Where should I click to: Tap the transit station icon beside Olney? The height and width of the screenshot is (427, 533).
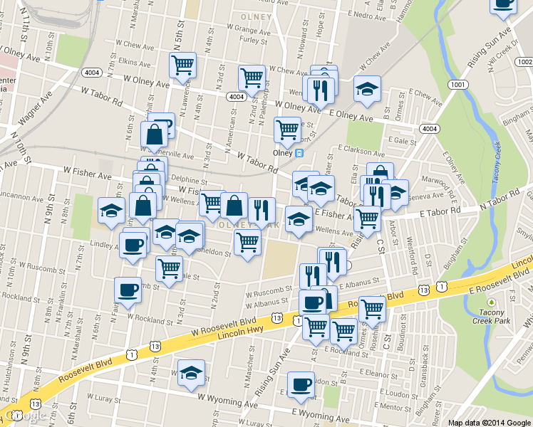299,152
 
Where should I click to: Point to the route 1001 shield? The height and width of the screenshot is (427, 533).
457,84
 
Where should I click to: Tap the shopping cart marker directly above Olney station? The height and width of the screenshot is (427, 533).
287,129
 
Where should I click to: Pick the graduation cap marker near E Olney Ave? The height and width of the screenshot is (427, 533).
367,88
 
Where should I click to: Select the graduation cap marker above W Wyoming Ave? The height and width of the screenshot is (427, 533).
191,372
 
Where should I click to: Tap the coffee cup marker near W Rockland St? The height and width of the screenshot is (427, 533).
128,290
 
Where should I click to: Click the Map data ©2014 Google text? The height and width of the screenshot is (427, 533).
489,422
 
